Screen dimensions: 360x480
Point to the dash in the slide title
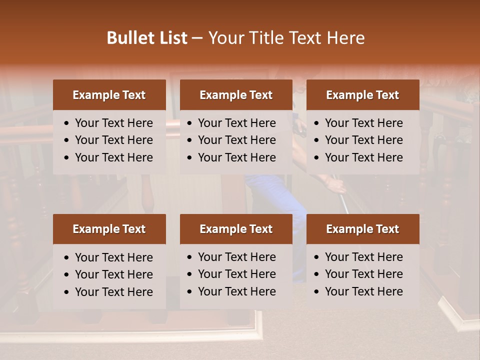point(197,38)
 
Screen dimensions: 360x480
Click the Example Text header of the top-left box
point(109,95)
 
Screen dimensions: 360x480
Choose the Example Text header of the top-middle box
point(236,95)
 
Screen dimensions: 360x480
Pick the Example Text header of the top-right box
point(362,95)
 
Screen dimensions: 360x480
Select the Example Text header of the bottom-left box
point(109,229)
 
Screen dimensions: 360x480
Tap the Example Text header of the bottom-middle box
point(236,229)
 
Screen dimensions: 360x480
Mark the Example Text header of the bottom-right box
point(362,229)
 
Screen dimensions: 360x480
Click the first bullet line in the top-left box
point(113,123)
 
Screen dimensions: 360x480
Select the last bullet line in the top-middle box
point(236,157)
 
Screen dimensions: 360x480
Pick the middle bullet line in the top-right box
point(363,140)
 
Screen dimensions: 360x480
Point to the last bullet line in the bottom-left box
point(113,292)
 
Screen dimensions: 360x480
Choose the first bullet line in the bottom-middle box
point(236,257)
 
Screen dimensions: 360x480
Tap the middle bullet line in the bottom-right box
point(363,274)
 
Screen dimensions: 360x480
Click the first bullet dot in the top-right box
point(316,123)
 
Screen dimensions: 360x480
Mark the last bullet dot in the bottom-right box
point(316,291)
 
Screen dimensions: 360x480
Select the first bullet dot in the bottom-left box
point(66,257)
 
